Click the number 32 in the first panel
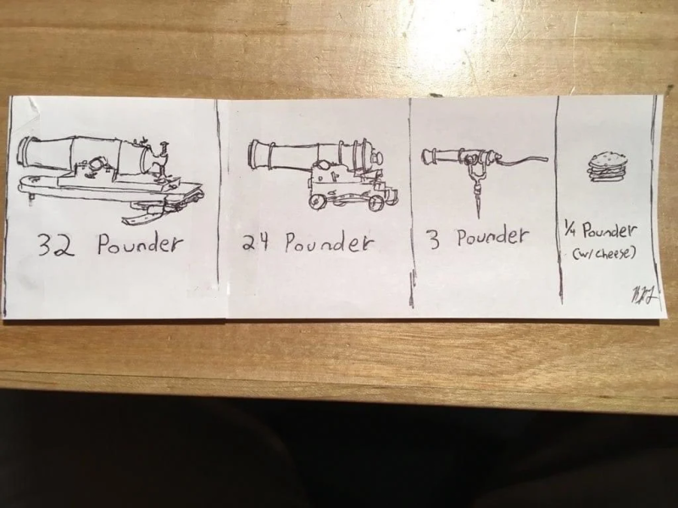(x=56, y=245)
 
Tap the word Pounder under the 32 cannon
(x=140, y=244)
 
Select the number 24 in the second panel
(x=256, y=242)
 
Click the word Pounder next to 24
(x=328, y=242)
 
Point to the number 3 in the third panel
(x=434, y=240)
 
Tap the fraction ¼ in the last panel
(x=571, y=229)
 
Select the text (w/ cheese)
(x=604, y=253)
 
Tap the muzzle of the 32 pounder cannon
(x=25, y=151)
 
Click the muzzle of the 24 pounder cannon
(x=255, y=154)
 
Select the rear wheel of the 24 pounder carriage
(x=376, y=202)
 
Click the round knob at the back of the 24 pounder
(x=378, y=157)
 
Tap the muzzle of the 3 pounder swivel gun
(x=427, y=156)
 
